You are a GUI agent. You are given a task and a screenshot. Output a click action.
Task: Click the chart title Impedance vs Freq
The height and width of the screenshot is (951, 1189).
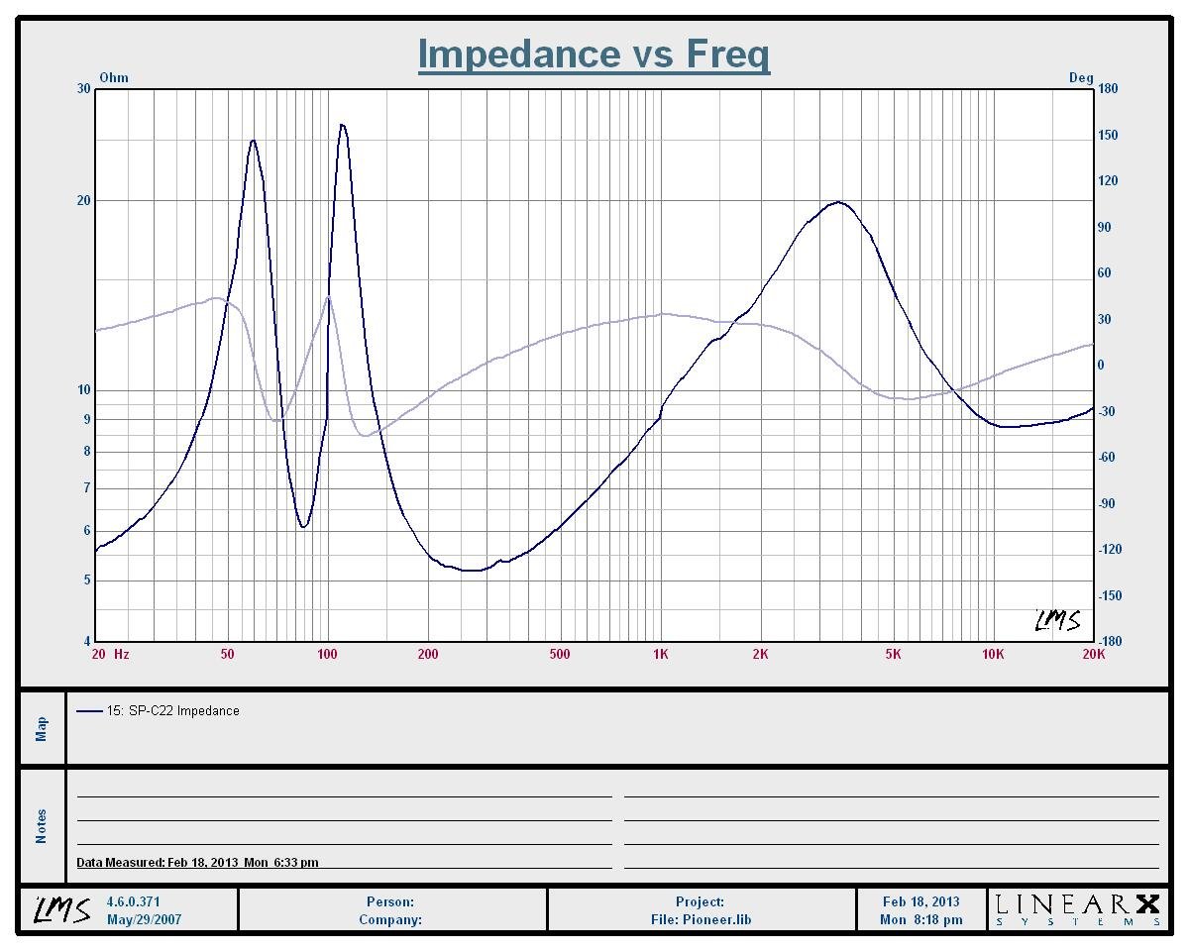[594, 53]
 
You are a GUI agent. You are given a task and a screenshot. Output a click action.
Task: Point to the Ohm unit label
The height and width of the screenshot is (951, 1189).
[114, 77]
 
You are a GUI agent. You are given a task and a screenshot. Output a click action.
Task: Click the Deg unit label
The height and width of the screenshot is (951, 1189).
[1081, 77]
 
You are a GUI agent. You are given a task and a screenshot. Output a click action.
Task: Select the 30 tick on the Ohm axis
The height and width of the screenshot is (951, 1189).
[83, 89]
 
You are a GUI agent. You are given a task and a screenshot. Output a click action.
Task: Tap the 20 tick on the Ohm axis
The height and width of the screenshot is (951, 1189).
[83, 200]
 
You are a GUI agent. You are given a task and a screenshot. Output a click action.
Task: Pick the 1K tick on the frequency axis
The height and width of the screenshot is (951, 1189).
[661, 654]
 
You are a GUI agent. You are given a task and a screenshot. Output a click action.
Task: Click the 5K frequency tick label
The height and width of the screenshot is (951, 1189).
[893, 654]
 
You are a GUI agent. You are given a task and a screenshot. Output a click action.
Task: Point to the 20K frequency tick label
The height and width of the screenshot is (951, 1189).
[1093, 654]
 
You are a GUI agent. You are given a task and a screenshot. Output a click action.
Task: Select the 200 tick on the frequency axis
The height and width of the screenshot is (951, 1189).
[428, 654]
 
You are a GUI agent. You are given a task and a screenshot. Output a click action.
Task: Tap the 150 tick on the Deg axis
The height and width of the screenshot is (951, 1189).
[1108, 135]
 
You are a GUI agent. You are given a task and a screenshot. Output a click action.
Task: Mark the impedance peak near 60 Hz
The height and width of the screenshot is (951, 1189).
[253, 141]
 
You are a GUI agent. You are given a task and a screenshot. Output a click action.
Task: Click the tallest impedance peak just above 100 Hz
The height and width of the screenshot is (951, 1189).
[342, 125]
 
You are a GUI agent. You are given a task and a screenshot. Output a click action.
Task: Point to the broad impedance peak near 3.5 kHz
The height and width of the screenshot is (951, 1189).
[838, 202]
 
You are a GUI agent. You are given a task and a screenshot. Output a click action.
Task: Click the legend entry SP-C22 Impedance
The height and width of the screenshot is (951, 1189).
[172, 710]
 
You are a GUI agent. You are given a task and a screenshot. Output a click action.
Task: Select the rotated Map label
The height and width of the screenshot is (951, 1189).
[42, 728]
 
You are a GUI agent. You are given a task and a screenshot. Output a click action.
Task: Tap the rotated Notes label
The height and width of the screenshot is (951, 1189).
[42, 826]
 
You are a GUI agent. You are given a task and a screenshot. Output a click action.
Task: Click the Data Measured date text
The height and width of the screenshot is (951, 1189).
[197, 863]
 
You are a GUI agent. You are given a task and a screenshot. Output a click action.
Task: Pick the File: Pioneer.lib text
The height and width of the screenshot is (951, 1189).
[700, 919]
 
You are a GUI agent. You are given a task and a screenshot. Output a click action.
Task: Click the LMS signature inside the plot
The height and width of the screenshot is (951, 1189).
[1056, 621]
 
